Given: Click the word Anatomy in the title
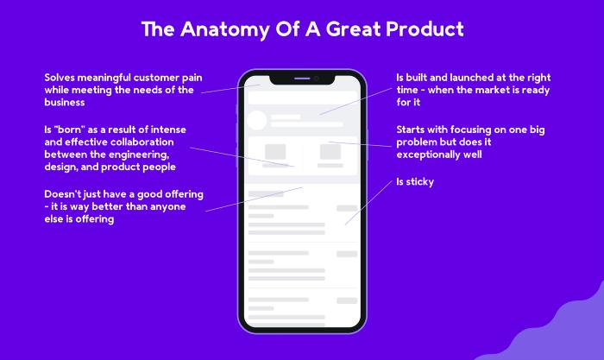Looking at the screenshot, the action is tap(225, 29).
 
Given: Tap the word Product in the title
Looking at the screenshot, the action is tap(425, 28).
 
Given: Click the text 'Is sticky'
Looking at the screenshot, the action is tap(415, 181).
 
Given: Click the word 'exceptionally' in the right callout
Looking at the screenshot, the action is tap(422, 155).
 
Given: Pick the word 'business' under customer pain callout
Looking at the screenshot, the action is tap(65, 102).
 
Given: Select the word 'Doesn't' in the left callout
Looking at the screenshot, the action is tap(59, 194).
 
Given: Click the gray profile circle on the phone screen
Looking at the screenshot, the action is tap(256, 120).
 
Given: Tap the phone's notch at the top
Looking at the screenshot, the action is tap(302, 79).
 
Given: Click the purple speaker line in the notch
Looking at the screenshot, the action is tap(302, 79).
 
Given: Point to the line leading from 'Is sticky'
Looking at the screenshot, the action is tap(368, 203).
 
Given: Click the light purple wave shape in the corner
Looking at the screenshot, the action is tap(551, 327).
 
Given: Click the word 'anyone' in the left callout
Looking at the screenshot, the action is tap(168, 206).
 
